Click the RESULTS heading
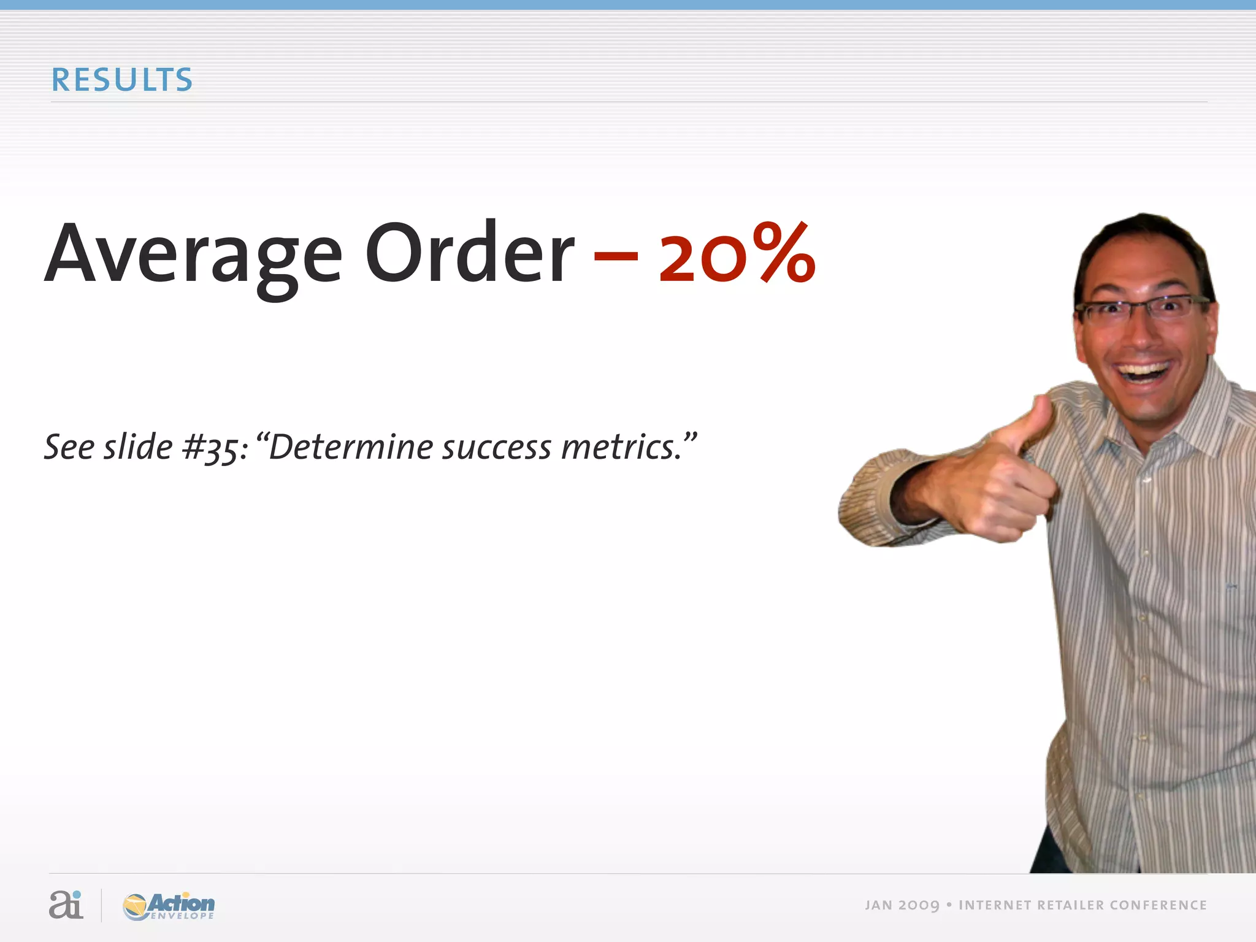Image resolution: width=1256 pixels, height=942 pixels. pos(121,80)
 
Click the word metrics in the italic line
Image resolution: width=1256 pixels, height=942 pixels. pos(621,447)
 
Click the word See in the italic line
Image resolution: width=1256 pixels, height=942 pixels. pos(69,446)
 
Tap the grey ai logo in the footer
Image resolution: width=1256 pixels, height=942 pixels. pos(66,905)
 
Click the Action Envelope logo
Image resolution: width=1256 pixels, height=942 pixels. pos(169,906)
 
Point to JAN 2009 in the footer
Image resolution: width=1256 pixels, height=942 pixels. pos(902,906)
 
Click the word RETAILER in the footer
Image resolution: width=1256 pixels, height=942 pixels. pos(1070,906)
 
